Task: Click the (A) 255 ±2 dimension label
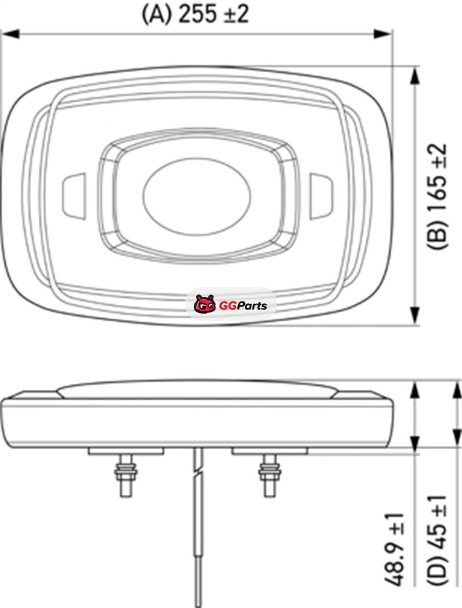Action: pos(195,14)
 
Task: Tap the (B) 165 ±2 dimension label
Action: pos(437,196)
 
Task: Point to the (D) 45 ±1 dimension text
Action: pos(437,540)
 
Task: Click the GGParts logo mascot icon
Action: pos(204,304)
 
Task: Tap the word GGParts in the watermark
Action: pos(243,305)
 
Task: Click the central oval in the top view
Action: pos(197,196)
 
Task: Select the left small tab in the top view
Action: pos(74,196)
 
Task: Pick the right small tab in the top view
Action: pos(321,196)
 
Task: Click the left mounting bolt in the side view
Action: pos(126,475)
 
